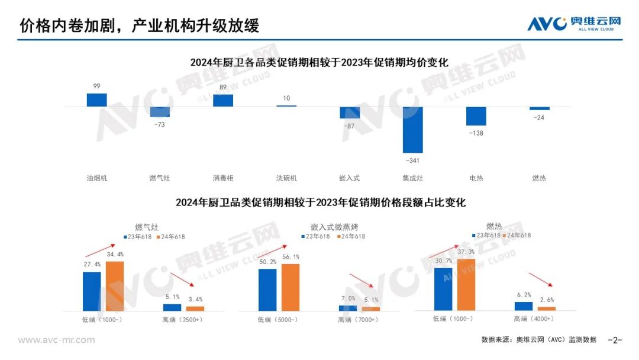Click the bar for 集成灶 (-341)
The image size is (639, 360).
pos(413,130)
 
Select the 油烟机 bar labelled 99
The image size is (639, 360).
pos(96,100)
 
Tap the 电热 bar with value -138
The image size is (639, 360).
pos(476,116)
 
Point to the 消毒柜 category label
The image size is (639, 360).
pos(223,178)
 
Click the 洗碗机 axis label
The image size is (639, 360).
pos(286,178)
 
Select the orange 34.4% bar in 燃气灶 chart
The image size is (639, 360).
pos(115,285)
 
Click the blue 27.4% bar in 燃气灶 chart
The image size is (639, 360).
pos(92,291)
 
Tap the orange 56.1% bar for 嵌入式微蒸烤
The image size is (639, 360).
pos(291,287)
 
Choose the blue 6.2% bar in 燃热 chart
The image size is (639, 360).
pos(524,306)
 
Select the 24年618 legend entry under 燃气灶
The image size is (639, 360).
pos(170,237)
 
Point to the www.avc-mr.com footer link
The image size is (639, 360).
pos(57,340)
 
